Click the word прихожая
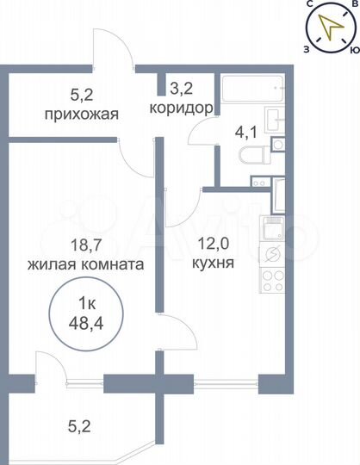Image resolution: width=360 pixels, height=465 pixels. click(84, 114)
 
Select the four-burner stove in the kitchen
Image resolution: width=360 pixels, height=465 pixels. click(272, 279)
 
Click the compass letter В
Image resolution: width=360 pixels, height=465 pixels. click(353, 6)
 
